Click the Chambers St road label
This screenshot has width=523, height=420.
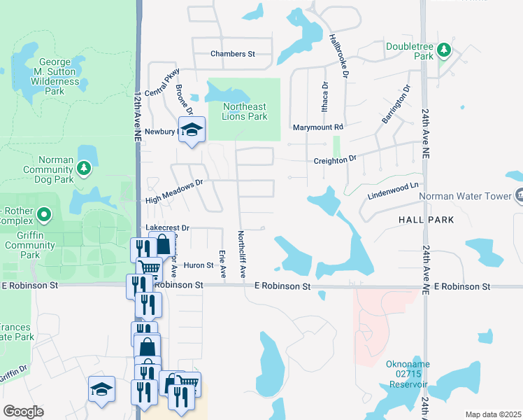[233, 54]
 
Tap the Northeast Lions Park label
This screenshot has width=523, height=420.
[245, 111]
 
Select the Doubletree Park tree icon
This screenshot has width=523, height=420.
[443, 50]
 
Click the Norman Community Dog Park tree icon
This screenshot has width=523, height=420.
[84, 168]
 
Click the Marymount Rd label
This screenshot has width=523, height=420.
[318, 127]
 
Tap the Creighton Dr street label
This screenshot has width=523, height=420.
[334, 159]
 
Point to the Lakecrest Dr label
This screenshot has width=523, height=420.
[168, 228]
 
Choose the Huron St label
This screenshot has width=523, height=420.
[199, 265]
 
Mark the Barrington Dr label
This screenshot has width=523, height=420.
[394, 105]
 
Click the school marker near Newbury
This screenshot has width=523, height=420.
[191, 129]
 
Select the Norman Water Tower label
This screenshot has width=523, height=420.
[465, 196]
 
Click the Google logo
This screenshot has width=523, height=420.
[23, 412]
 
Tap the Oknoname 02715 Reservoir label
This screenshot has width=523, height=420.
[408, 374]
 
